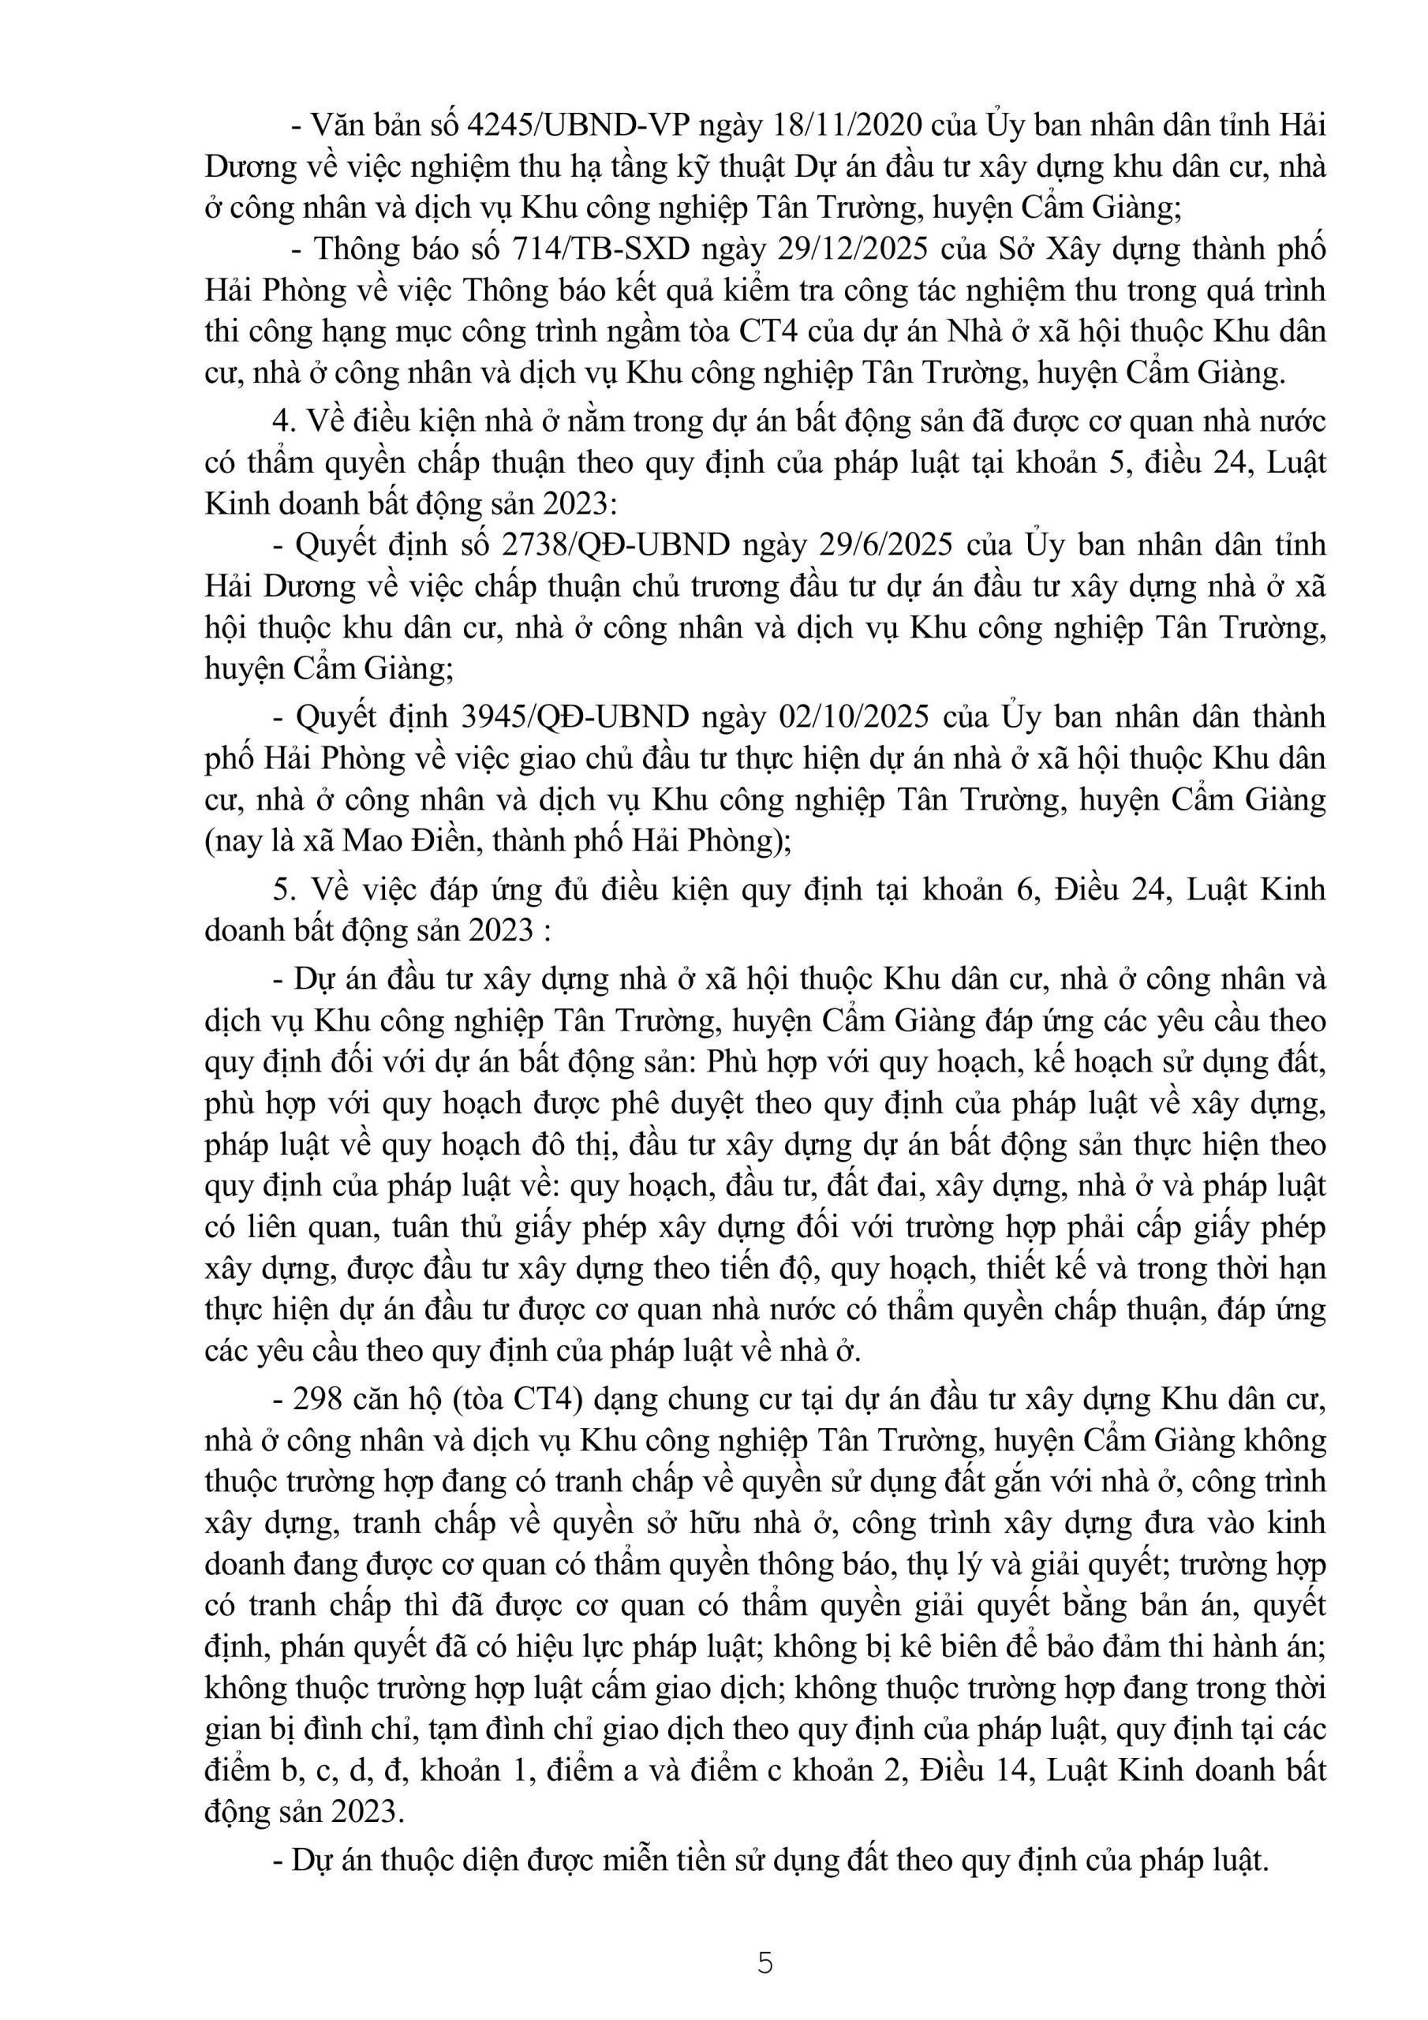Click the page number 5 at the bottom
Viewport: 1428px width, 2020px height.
pyautogui.click(x=764, y=1963)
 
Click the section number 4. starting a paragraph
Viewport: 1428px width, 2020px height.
pyautogui.click(x=283, y=422)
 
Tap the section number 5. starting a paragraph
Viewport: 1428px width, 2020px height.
pyautogui.click(x=283, y=889)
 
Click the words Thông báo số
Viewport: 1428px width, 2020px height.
pyautogui.click(x=387, y=250)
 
